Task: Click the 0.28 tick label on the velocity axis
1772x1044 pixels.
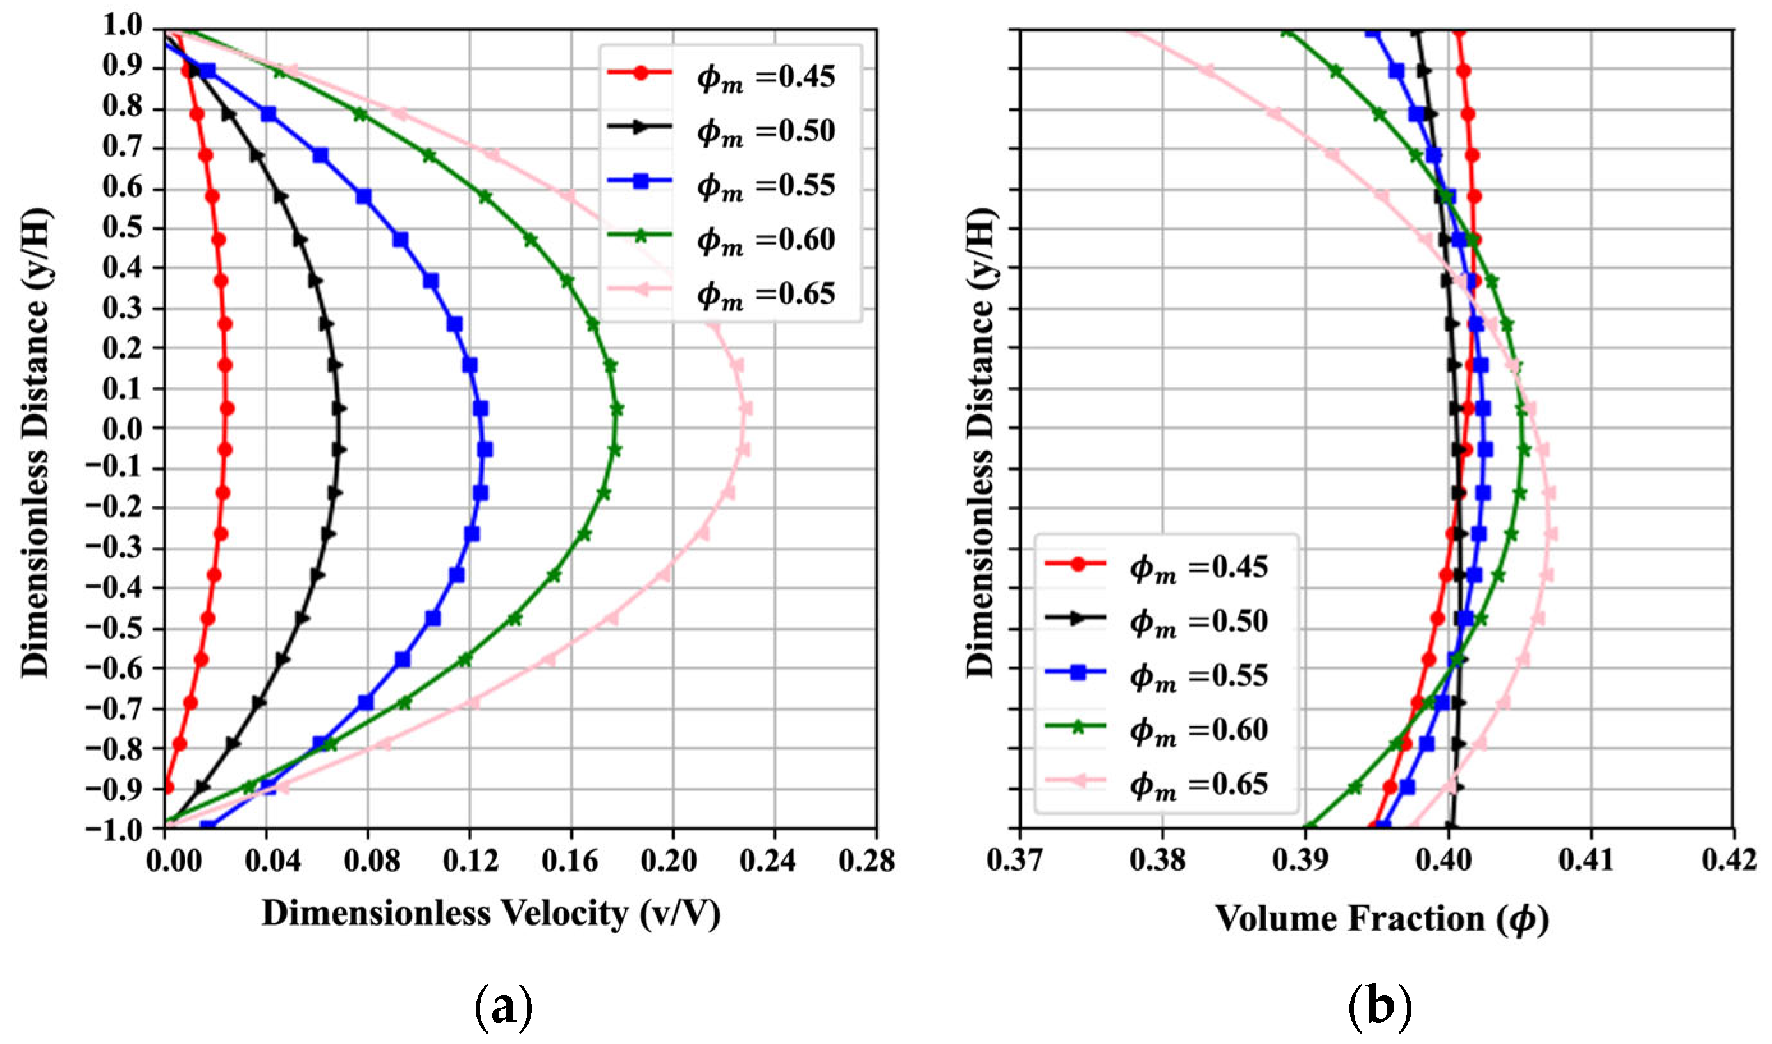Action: pyautogui.click(x=867, y=861)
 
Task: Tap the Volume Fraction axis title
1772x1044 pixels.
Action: pyautogui.click(x=1381, y=919)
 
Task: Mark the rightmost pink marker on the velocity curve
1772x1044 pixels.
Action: pyautogui.click(x=745, y=409)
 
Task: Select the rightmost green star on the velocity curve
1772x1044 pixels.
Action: pyautogui.click(x=618, y=409)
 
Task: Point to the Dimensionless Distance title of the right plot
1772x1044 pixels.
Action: pyautogui.click(x=981, y=443)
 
